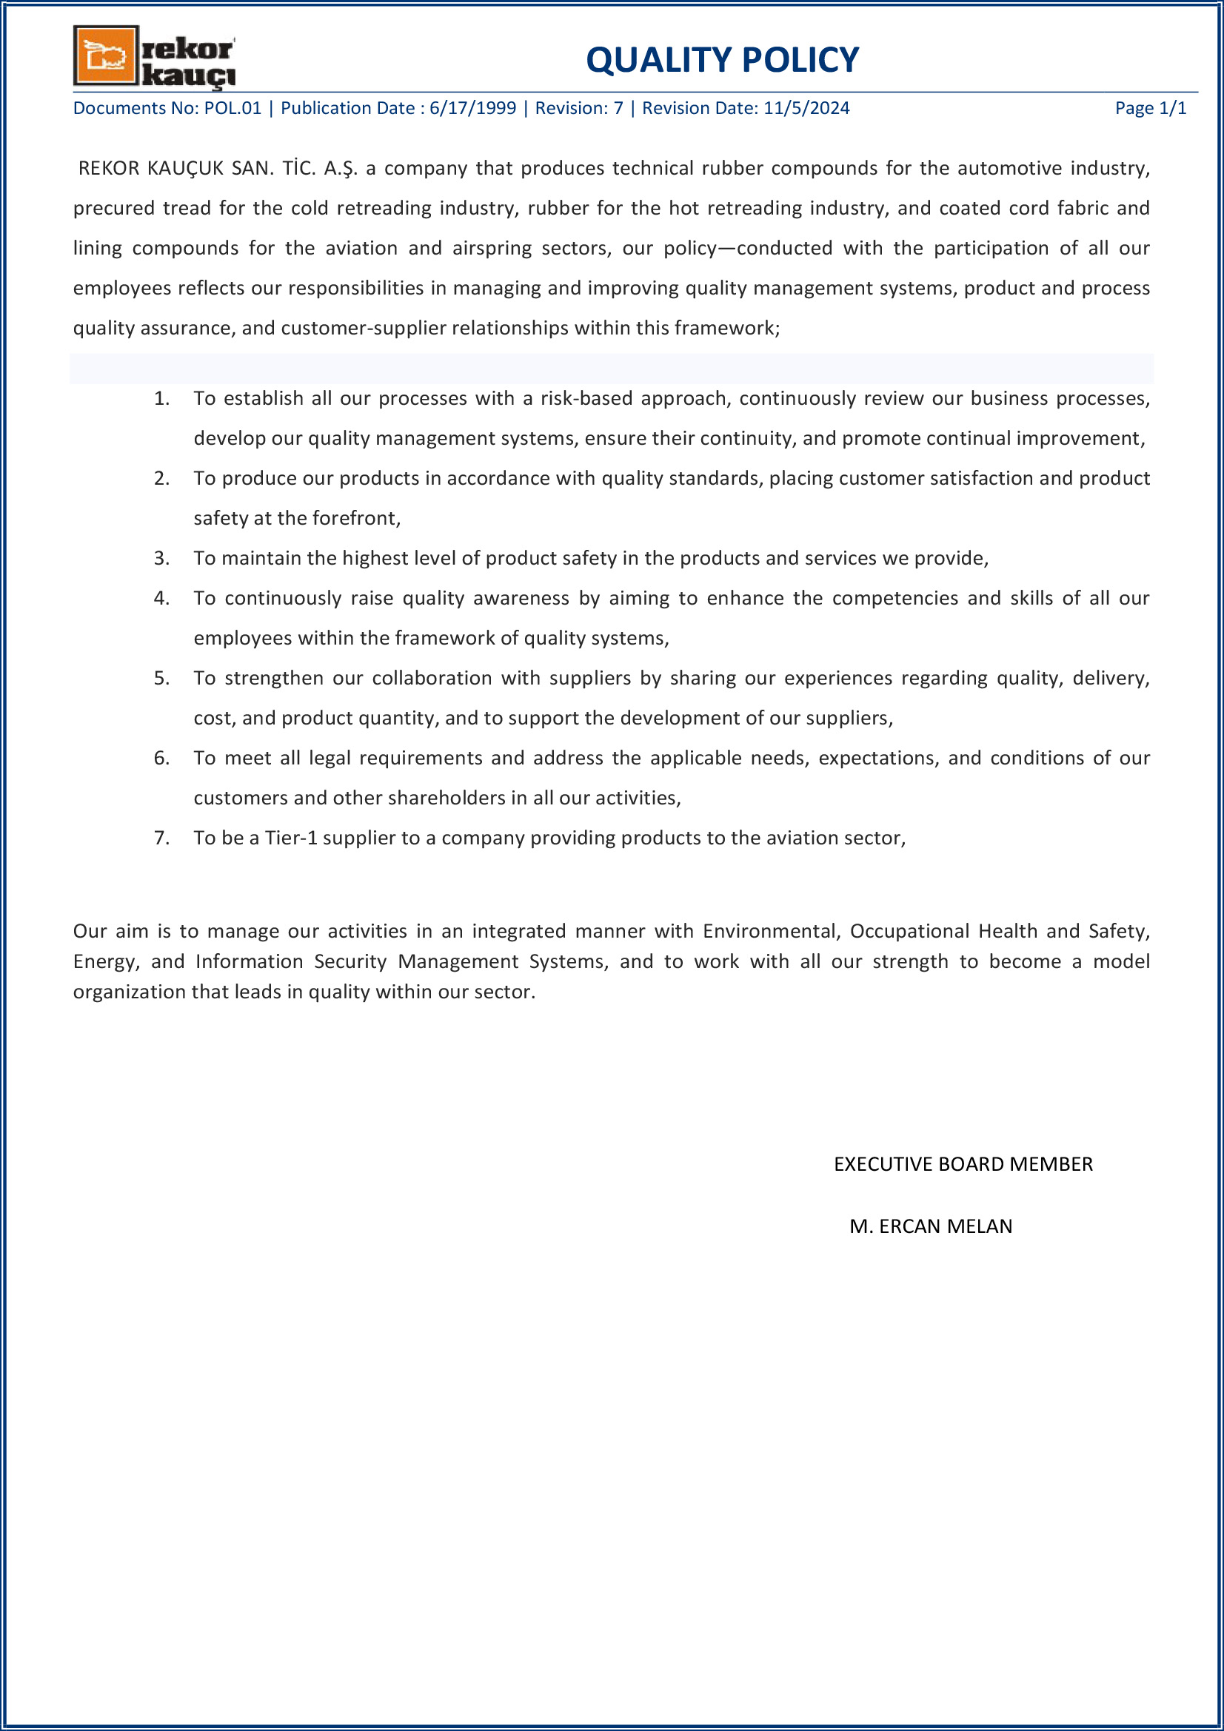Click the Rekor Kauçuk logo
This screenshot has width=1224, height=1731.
(154, 56)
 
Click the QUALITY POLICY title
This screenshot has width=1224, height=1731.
(722, 59)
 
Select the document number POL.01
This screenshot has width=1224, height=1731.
(233, 108)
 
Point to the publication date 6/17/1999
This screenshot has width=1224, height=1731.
(473, 108)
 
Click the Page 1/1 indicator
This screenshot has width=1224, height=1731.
(1150, 108)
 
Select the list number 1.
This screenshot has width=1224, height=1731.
(161, 398)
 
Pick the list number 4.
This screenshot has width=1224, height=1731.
(161, 598)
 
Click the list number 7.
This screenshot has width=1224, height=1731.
(161, 838)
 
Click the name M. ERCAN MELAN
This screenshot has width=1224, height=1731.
(931, 1226)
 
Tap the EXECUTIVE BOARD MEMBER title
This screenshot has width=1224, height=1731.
(963, 1164)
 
